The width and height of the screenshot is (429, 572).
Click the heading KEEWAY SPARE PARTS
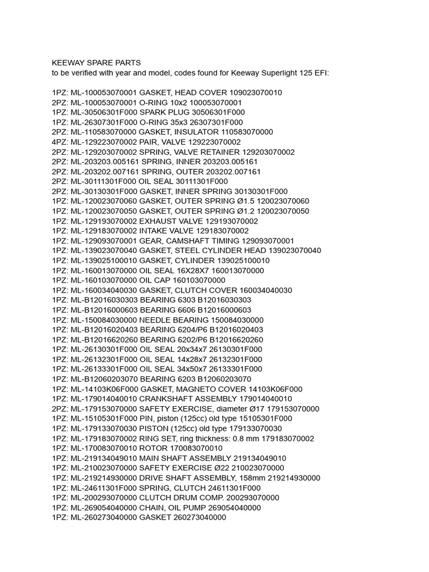click(x=97, y=63)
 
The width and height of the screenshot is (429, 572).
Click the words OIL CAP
click(x=155, y=280)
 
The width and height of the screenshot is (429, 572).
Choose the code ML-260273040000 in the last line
click(x=103, y=518)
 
